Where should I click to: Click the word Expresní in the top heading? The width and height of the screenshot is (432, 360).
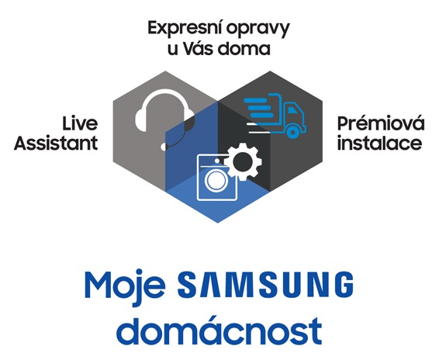click(x=184, y=28)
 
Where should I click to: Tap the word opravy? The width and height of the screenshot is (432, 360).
click(x=258, y=29)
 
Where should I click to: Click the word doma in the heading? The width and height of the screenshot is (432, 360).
click(x=244, y=48)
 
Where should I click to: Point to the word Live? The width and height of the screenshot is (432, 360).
click(x=80, y=123)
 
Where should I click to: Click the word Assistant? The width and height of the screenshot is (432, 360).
click(x=56, y=143)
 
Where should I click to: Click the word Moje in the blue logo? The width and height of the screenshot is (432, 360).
click(x=125, y=287)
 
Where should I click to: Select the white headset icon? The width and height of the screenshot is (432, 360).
click(x=164, y=119)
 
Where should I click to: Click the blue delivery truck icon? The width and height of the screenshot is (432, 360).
click(x=275, y=116)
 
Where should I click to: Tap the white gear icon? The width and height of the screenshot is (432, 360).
click(x=243, y=162)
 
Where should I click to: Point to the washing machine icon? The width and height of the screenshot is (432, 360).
click(x=217, y=177)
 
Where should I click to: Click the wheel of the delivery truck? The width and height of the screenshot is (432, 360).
click(x=292, y=132)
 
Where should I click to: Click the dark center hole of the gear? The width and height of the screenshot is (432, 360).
click(x=242, y=162)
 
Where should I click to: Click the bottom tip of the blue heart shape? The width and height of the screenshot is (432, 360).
click(x=218, y=223)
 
